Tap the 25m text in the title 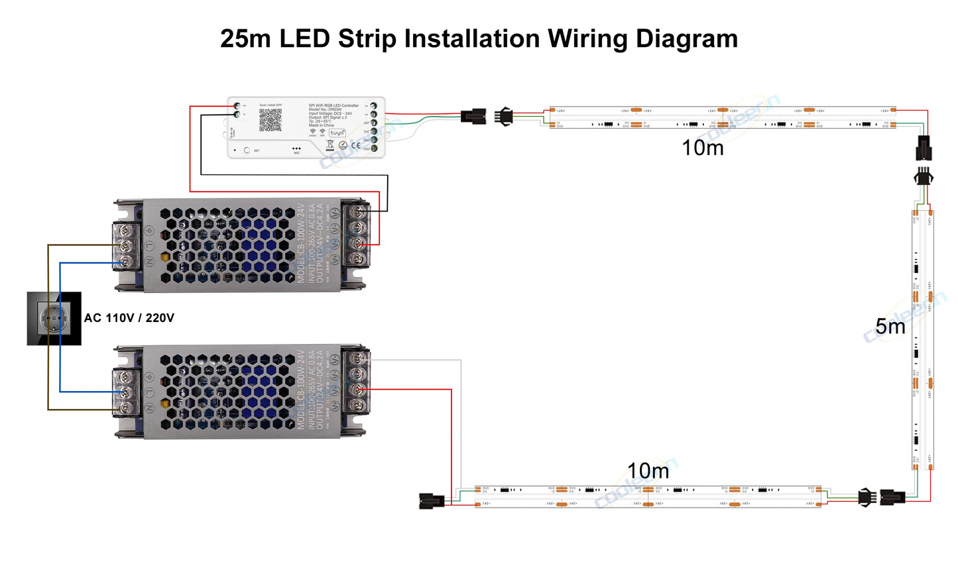(245, 38)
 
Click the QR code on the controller (270, 120)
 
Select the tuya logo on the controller (337, 133)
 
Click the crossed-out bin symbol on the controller (330, 144)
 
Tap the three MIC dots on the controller (296, 148)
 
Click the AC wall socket (54, 319)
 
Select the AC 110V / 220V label (129, 318)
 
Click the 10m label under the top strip (703, 148)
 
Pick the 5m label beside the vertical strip (890, 326)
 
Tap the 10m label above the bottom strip (648, 471)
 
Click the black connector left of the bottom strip (432, 501)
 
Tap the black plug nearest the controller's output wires (473, 117)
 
